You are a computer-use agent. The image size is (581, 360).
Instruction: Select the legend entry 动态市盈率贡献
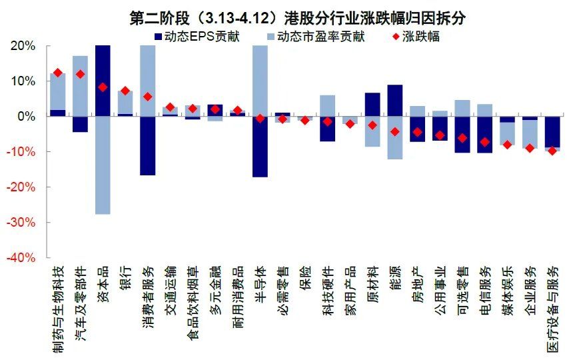[x=319, y=37]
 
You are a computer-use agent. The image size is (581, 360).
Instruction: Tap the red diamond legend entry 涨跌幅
[x=420, y=37]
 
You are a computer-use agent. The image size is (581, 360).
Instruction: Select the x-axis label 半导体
[x=261, y=283]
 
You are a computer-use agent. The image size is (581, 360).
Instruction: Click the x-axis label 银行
[x=125, y=276]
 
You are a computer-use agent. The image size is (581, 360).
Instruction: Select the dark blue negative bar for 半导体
[x=260, y=146]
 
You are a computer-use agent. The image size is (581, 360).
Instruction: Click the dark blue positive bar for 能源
[x=394, y=101]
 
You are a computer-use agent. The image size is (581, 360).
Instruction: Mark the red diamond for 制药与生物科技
[x=58, y=73]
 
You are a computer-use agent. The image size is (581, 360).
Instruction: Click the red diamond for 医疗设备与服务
[x=552, y=151]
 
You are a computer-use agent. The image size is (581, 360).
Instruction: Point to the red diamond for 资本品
[x=103, y=87]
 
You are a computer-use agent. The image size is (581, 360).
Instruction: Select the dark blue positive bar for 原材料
[x=372, y=105]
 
